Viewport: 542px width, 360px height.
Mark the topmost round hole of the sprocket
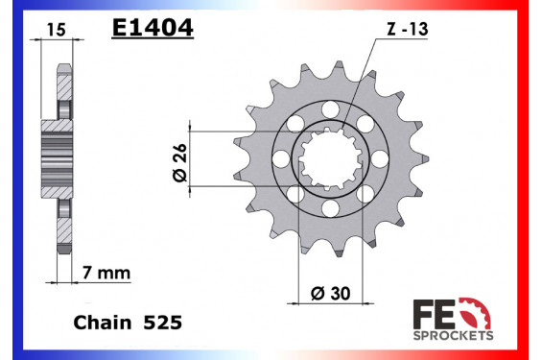(331, 108)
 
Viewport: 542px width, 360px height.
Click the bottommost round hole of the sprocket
(331, 206)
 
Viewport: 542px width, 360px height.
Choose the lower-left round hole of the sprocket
(297, 193)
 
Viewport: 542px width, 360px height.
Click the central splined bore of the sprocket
(331, 157)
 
